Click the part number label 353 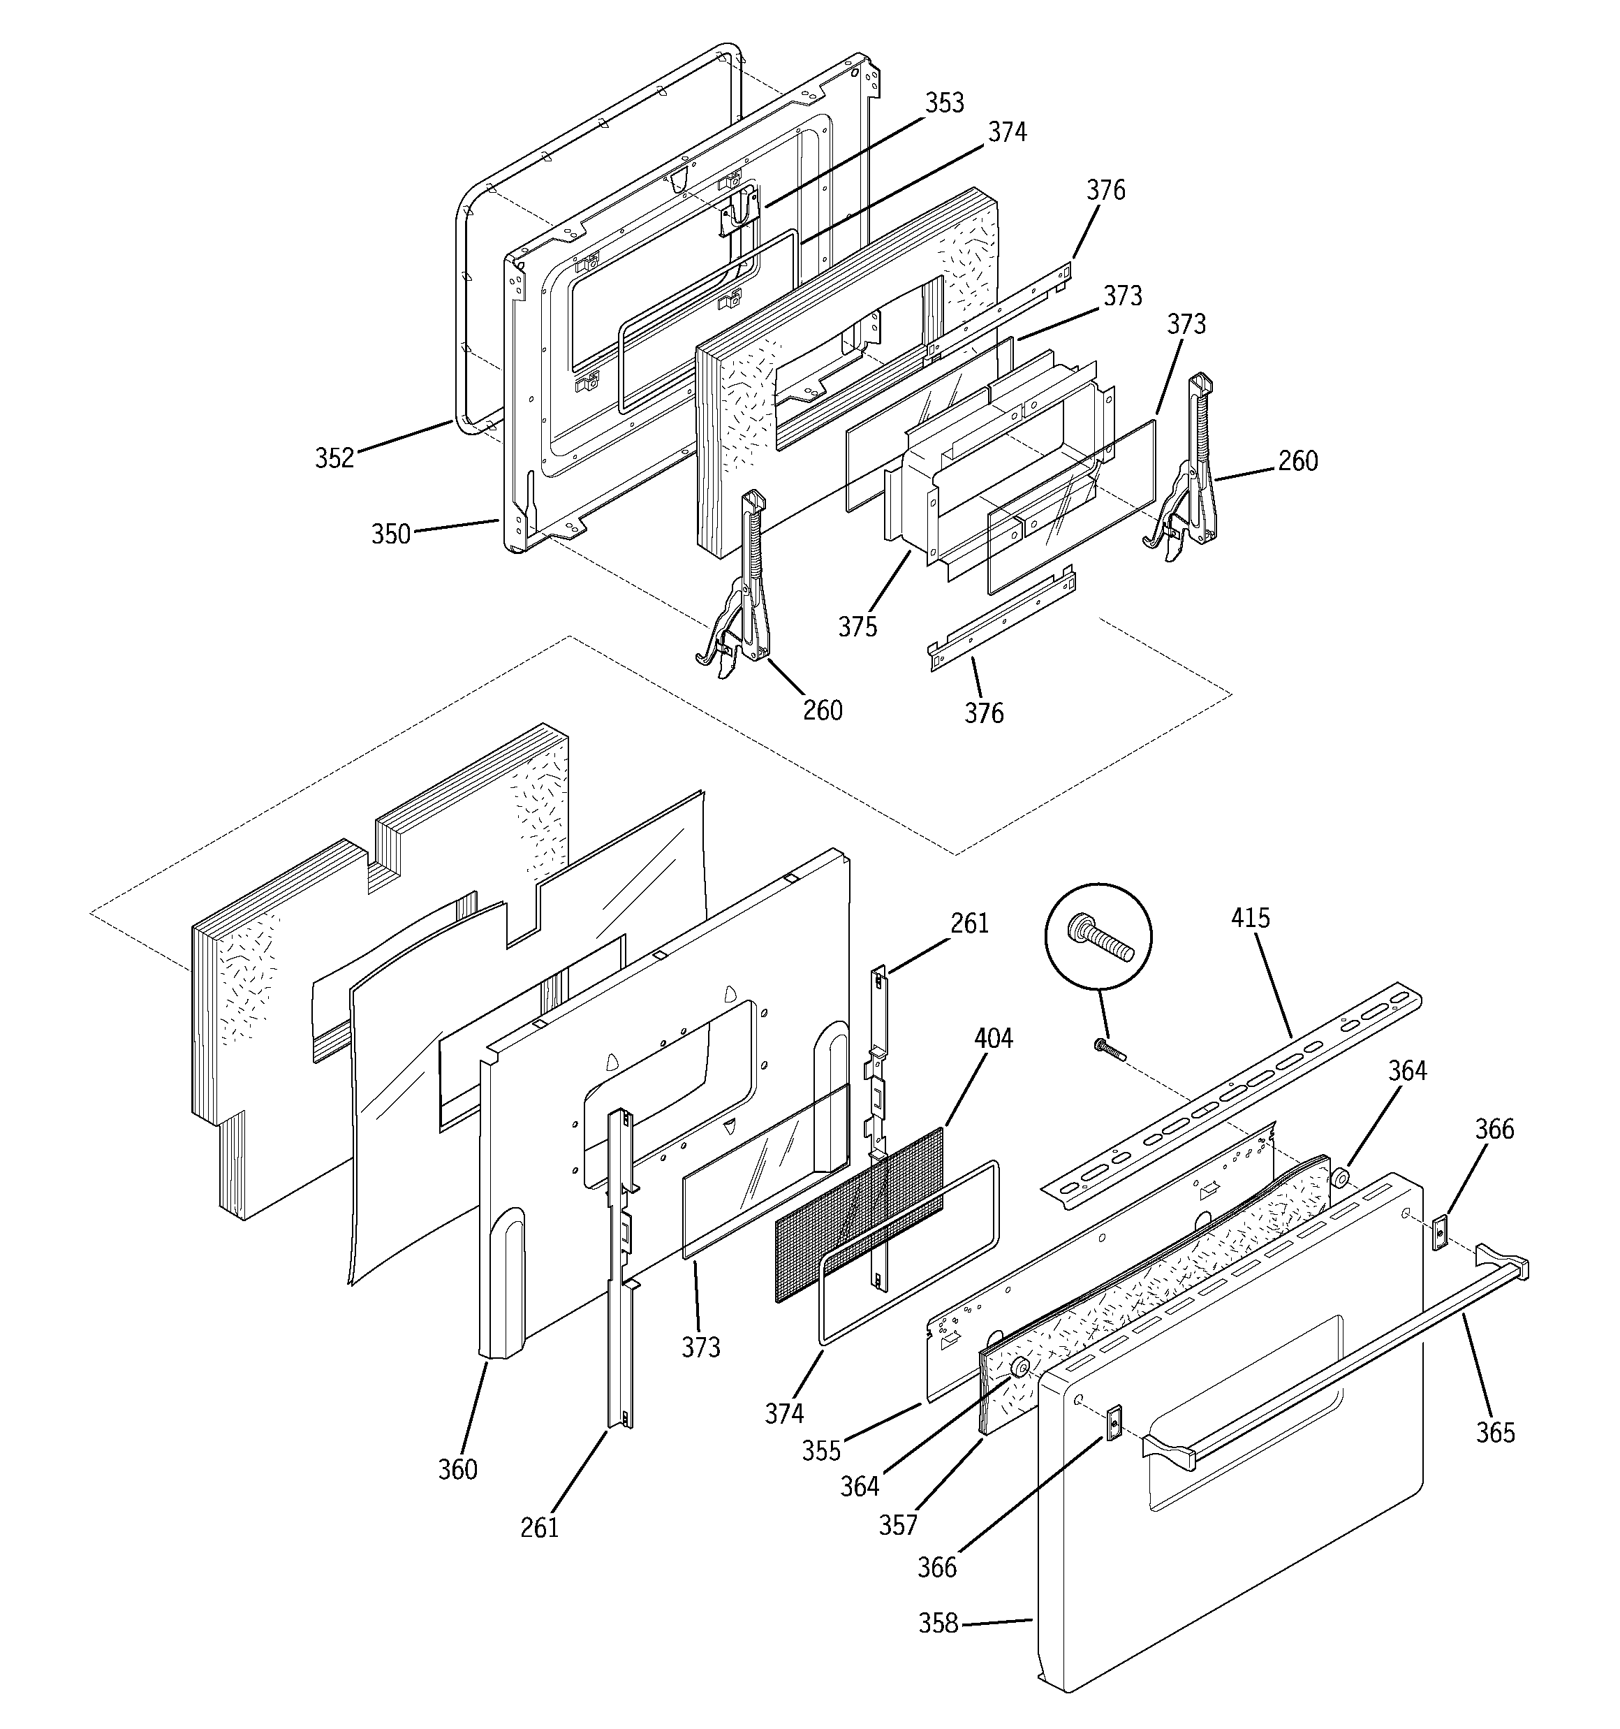tap(944, 103)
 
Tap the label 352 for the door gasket tap(334, 458)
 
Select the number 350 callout tap(390, 533)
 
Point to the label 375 tap(857, 626)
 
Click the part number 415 tap(1251, 917)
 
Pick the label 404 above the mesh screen tap(993, 1037)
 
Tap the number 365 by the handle tap(1496, 1431)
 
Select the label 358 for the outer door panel tap(938, 1623)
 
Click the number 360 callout tap(457, 1469)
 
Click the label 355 tap(822, 1451)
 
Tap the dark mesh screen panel tap(857, 1218)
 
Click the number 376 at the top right tap(1105, 191)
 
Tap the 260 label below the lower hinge tap(823, 710)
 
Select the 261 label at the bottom tap(540, 1526)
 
